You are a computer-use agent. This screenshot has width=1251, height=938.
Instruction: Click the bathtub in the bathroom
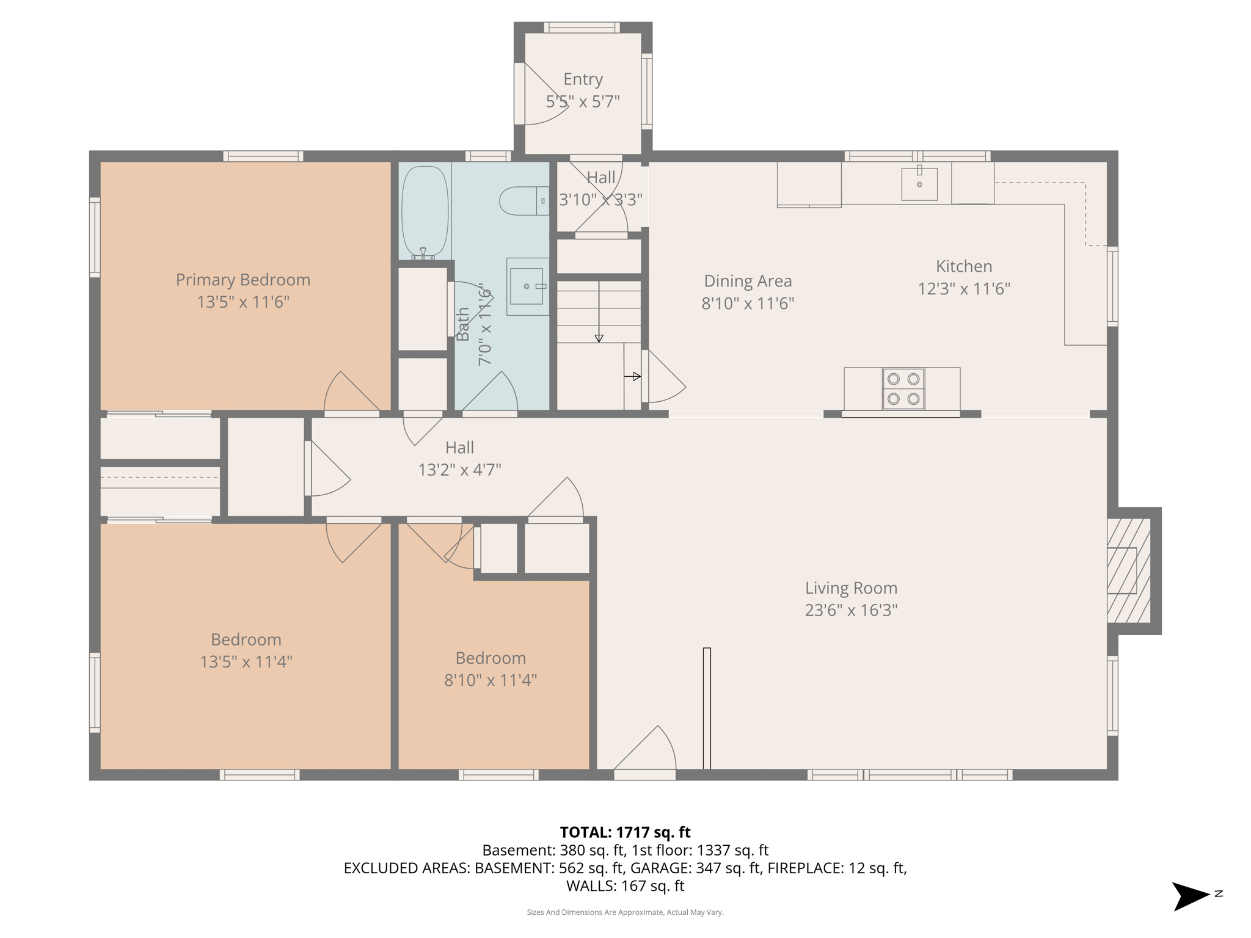pos(425,211)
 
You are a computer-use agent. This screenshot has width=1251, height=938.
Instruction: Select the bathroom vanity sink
pos(527,286)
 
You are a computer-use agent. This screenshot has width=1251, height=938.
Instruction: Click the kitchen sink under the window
pos(919,184)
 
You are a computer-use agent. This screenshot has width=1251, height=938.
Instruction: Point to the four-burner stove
pos(903,389)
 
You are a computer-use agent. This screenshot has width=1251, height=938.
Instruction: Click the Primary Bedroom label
pos(243,280)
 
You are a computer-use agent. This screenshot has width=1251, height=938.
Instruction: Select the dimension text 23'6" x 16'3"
pos(851,610)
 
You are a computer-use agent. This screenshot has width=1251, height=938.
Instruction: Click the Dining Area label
pos(748,281)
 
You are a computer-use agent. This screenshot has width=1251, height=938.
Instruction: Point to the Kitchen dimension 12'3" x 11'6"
pos(964,288)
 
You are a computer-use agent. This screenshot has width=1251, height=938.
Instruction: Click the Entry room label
pos(583,79)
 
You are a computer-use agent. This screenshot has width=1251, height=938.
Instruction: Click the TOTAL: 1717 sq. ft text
pos(625,832)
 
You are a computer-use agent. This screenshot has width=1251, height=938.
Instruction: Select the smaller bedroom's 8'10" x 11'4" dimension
pos(491,680)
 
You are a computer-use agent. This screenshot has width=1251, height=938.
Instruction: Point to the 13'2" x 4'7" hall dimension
pos(459,470)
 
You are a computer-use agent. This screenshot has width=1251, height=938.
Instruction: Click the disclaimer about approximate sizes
pos(625,912)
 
